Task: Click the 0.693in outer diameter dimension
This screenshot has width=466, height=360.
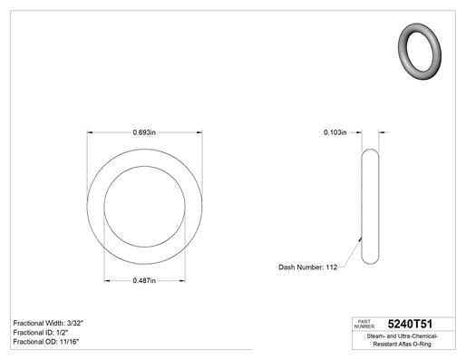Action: click(x=144, y=132)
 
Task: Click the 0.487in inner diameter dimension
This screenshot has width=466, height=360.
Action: click(x=144, y=281)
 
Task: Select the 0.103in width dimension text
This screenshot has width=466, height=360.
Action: click(x=335, y=132)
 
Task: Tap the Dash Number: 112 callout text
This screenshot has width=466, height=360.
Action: click(x=307, y=268)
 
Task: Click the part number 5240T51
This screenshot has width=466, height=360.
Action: click(x=410, y=324)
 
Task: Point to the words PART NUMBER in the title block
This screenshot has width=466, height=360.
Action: click(x=364, y=324)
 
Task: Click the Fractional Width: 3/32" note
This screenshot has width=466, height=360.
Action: click(x=48, y=323)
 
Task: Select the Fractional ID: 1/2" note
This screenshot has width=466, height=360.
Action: click(x=41, y=333)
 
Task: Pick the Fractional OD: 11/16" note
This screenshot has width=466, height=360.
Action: click(x=46, y=342)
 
